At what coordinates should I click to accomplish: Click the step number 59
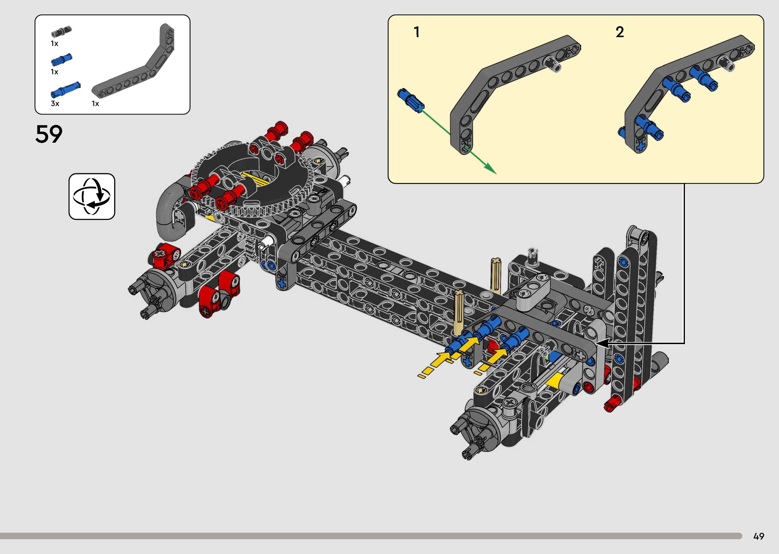pyautogui.click(x=49, y=134)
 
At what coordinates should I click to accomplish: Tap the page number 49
pyautogui.click(x=758, y=536)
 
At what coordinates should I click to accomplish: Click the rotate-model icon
pyautogui.click(x=92, y=196)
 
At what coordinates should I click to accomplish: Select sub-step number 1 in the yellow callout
pyautogui.click(x=416, y=32)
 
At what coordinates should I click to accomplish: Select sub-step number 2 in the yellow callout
pyautogui.click(x=620, y=32)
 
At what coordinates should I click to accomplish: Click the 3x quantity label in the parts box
pyautogui.click(x=55, y=103)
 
